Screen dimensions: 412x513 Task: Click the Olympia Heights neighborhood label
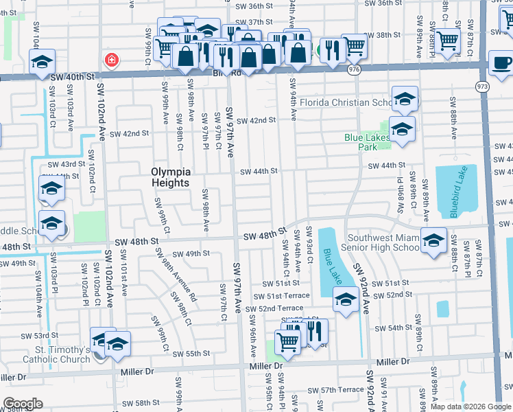tap(170, 177)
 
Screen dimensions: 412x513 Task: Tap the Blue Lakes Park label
tap(368, 142)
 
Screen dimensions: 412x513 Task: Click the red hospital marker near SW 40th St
tap(110, 61)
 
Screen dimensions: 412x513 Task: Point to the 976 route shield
tap(354, 70)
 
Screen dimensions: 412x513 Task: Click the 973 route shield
tap(483, 85)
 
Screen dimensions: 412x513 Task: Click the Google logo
tap(23, 404)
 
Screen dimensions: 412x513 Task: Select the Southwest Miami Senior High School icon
tap(433, 241)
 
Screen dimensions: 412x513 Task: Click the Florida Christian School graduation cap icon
tap(405, 100)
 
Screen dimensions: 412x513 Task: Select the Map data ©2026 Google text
tap(470, 407)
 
